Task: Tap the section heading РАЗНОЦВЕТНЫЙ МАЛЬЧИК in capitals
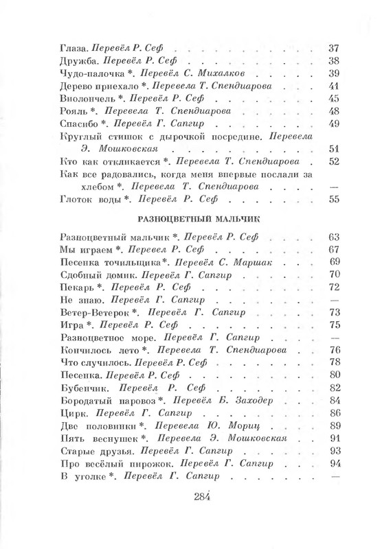(x=195, y=220)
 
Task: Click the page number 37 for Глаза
(x=335, y=49)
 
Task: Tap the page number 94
(x=335, y=463)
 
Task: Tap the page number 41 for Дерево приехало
(x=335, y=86)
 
